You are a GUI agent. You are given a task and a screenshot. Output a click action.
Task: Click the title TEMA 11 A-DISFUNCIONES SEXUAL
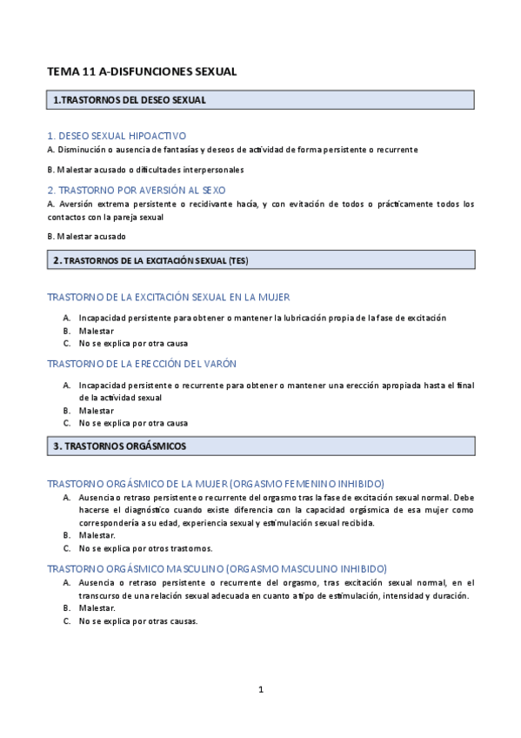142,72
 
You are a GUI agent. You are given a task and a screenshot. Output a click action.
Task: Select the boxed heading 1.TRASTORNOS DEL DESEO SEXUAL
130,100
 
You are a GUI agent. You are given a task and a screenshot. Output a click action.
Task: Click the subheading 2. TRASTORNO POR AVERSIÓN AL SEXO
140,190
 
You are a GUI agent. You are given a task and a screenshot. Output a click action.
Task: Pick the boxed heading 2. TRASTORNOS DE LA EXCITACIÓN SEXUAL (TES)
150,259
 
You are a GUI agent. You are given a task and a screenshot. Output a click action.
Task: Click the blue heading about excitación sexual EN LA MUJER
168,297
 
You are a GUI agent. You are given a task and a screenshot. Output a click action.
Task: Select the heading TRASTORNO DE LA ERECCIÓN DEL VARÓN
142,363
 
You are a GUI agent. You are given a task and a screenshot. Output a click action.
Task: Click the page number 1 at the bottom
260,689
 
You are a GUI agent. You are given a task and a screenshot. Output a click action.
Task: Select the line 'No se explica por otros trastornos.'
145,549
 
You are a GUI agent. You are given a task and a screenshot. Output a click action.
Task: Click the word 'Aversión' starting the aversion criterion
78,204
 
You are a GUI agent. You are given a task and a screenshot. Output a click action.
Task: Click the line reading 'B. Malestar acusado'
86,236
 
